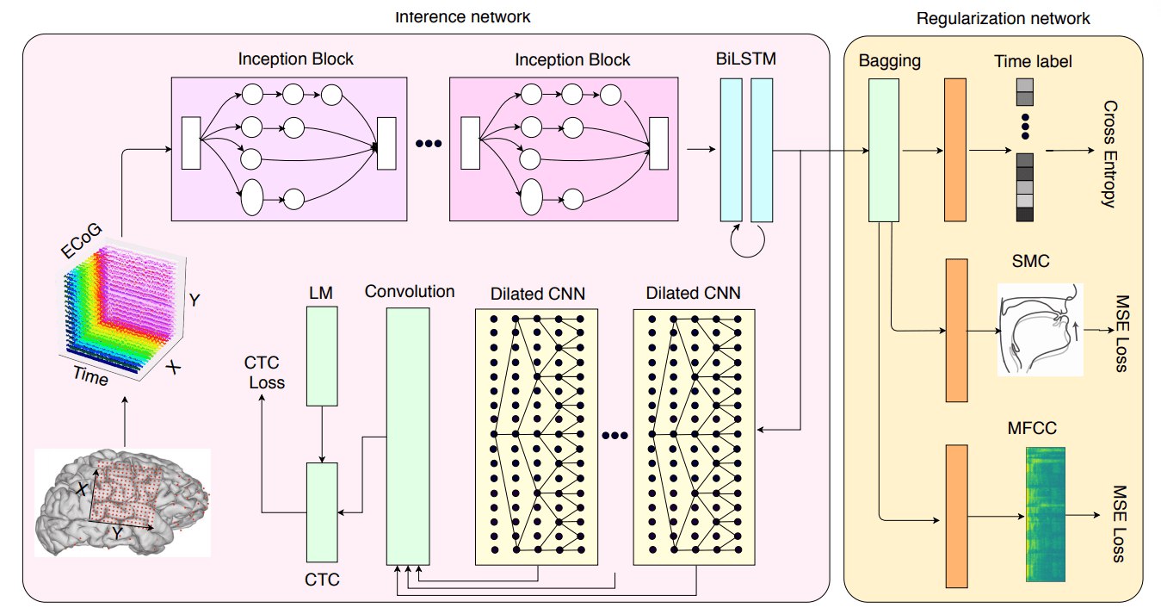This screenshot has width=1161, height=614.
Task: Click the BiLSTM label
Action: point(746,59)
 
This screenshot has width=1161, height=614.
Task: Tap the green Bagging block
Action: point(884,150)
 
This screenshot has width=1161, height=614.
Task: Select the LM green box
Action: point(322,356)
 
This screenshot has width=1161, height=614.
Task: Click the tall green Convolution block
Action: point(408,436)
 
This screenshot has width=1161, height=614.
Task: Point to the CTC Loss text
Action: point(264,372)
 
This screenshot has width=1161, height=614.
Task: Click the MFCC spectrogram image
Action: point(1046,514)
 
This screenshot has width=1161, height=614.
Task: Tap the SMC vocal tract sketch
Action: point(1041,329)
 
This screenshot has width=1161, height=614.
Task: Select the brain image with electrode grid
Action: point(123,502)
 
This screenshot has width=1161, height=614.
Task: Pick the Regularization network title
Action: point(1003,18)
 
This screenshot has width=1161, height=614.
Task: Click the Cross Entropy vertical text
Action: point(1109,154)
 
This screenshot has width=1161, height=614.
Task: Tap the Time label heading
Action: point(1033,61)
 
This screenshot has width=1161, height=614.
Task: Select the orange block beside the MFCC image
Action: point(957,516)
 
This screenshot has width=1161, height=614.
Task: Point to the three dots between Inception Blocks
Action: point(429,144)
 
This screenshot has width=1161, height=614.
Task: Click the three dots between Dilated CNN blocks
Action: point(614,436)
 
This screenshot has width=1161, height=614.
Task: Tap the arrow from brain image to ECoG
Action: point(125,422)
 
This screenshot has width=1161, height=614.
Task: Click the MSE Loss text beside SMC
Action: point(1122,333)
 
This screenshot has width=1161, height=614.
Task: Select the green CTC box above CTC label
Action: point(322,512)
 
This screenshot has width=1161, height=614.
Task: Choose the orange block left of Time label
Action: point(955,150)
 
